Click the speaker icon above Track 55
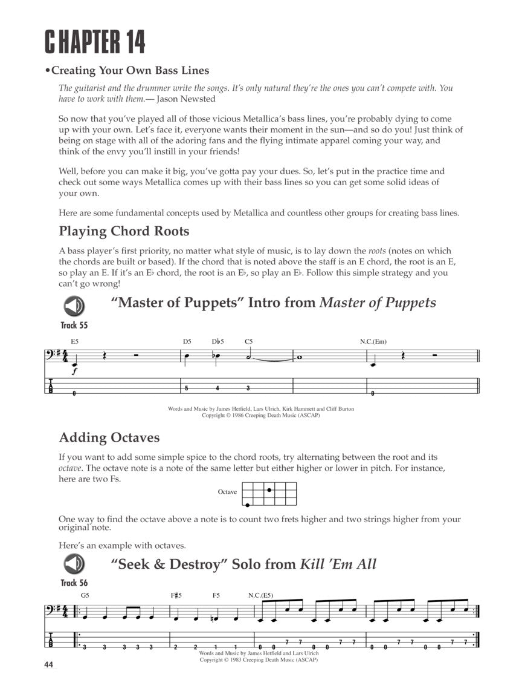(x=74, y=306)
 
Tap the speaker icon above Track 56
(x=74, y=564)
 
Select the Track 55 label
(x=74, y=325)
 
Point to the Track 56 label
(x=74, y=583)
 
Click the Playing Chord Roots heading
(x=124, y=231)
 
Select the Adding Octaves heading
(x=109, y=437)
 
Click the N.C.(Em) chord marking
(x=373, y=342)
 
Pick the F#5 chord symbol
(x=177, y=595)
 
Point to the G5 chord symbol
(x=85, y=595)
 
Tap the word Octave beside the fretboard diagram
(x=227, y=492)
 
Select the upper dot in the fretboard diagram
(x=268, y=489)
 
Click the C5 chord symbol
(x=248, y=342)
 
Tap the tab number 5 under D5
(x=187, y=388)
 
